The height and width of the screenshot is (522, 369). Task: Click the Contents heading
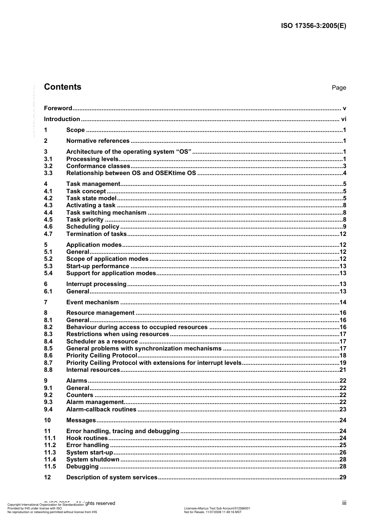[x=63, y=87]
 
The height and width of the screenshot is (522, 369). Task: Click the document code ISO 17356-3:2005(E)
[x=313, y=26]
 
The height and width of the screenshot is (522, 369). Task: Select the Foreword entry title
[x=58, y=108]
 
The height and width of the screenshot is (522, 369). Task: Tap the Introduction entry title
[x=62, y=119]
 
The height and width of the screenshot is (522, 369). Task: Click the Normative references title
[x=98, y=141]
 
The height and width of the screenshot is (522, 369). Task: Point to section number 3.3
[x=48, y=173]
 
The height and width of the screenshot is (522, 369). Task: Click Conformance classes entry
[x=98, y=166]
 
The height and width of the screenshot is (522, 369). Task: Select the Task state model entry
[x=91, y=198]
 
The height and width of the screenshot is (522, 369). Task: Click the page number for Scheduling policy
[x=344, y=227]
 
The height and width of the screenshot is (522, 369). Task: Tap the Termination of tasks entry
[x=96, y=234]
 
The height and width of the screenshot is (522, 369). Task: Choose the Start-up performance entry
[x=97, y=266]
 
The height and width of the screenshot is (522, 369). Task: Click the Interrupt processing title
[x=96, y=284]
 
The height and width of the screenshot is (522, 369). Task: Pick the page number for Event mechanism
[x=343, y=302]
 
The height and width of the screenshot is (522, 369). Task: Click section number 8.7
[x=48, y=363]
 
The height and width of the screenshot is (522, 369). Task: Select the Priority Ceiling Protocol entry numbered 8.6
[x=102, y=356]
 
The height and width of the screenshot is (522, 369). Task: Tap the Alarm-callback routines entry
[x=101, y=409]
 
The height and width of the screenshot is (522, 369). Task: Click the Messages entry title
[x=81, y=420]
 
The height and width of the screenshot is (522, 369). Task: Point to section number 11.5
[x=50, y=467]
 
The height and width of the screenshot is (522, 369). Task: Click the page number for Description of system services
[x=343, y=477]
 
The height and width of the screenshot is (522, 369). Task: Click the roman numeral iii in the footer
[x=344, y=503]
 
